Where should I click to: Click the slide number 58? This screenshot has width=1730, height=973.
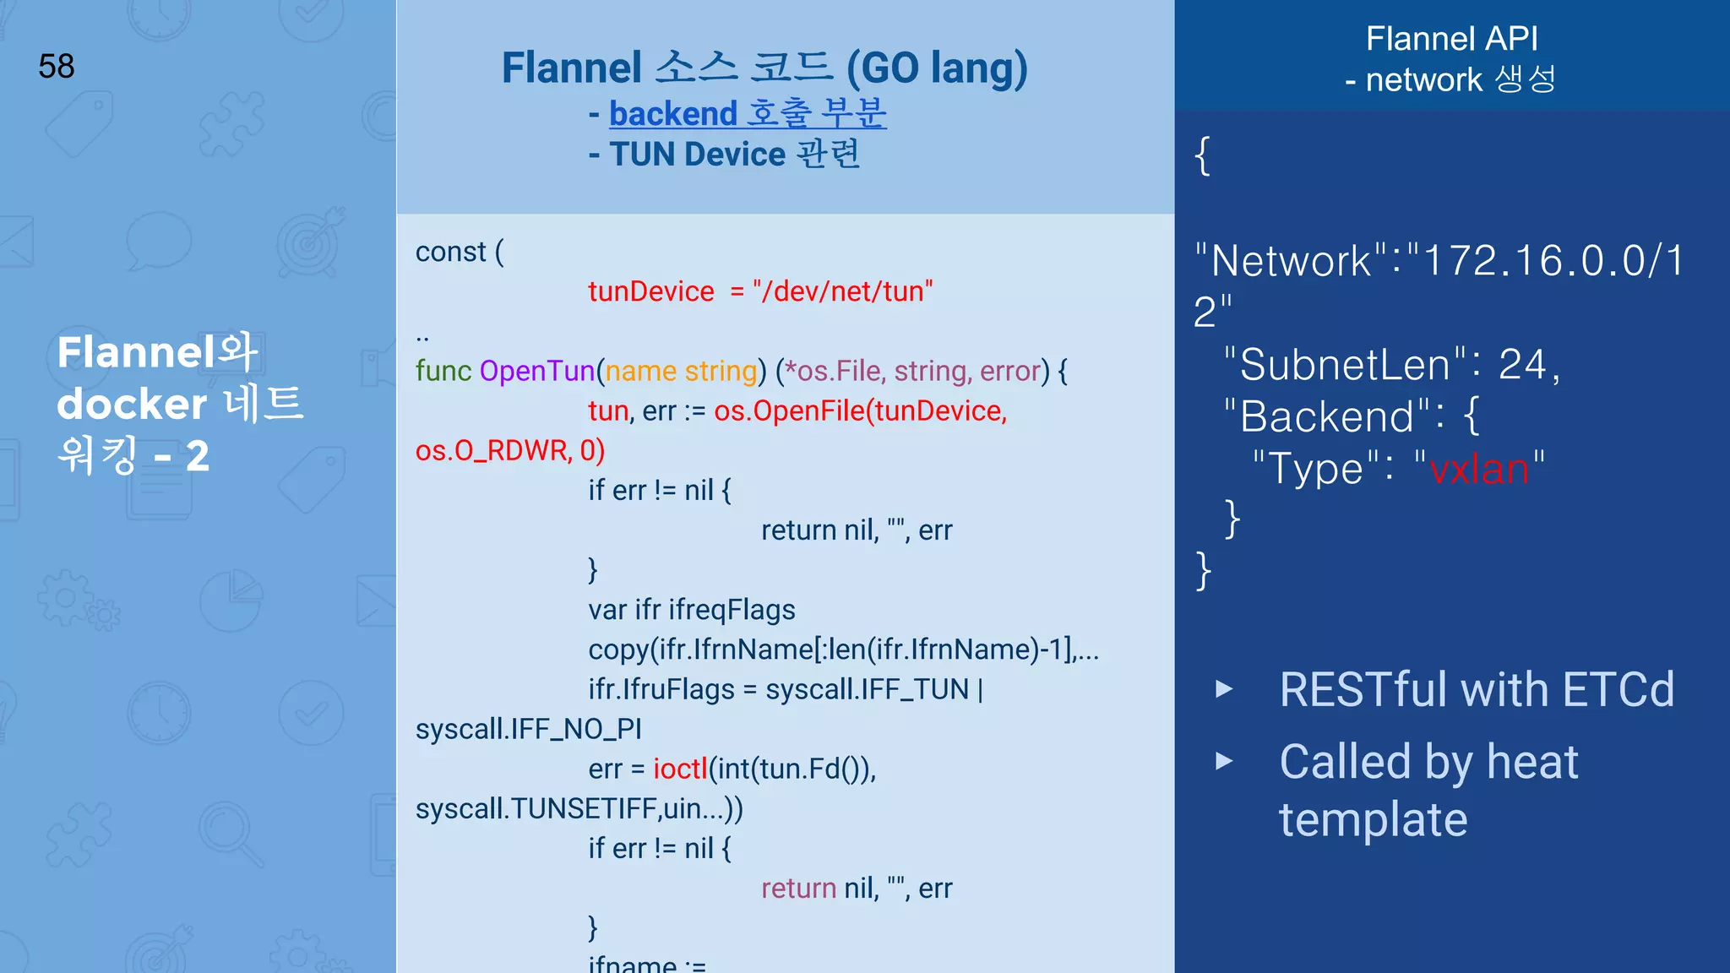(57, 66)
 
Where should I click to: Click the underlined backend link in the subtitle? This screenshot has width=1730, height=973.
(673, 114)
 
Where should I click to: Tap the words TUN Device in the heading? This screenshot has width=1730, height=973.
(698, 155)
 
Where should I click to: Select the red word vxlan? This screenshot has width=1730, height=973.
(1479, 469)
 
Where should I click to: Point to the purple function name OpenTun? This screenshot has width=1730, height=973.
(537, 371)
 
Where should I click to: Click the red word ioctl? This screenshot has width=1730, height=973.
(680, 769)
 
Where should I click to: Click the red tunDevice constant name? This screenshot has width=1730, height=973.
(650, 291)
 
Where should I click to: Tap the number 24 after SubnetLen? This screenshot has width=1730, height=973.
(1522, 365)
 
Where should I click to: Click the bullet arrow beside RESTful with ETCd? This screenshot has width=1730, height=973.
(1223, 689)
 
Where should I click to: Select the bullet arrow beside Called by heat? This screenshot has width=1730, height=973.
(1223, 762)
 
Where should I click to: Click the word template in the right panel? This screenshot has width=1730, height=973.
(1373, 819)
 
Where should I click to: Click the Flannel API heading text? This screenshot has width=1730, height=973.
(1451, 39)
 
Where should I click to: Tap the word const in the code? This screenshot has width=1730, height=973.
(450, 252)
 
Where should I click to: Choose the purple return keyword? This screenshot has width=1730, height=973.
(798, 889)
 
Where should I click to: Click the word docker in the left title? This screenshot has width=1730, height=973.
(131, 404)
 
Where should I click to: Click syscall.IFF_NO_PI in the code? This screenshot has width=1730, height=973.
(528, 729)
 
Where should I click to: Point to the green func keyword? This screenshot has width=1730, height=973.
(443, 371)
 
